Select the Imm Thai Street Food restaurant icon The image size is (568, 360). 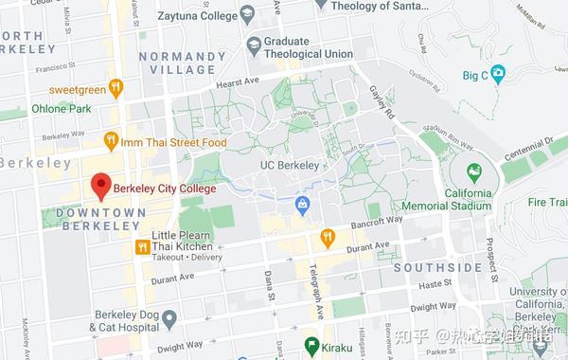tap(111, 142)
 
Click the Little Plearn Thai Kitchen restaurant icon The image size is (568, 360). tap(141, 246)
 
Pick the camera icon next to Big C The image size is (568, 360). tap(498, 73)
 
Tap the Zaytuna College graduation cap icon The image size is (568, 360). tap(247, 13)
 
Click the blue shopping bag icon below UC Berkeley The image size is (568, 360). tap(302, 202)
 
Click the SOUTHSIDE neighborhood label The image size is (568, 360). tap(437, 268)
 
